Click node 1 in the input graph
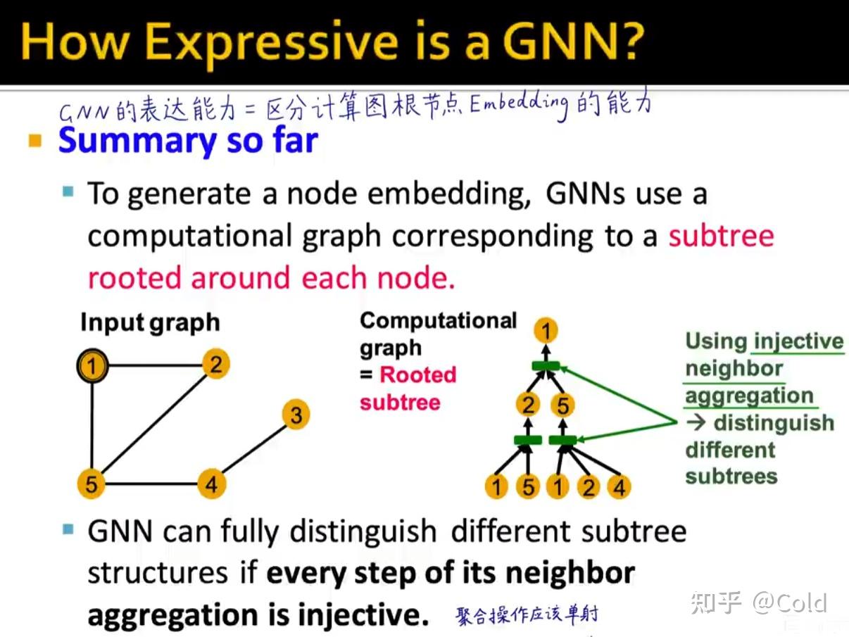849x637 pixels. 92,366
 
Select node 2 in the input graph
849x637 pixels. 216,364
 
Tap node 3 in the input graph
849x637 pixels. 296,415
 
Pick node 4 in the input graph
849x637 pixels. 211,484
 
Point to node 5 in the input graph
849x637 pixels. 92,484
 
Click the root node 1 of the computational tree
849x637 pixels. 546,331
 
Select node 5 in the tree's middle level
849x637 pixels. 562,405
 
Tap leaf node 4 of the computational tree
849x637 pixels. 619,486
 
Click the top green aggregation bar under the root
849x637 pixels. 546,366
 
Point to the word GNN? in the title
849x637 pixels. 573,42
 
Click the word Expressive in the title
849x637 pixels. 272,44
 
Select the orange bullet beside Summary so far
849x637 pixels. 35,140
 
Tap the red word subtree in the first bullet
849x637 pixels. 722,236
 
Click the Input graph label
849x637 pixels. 151,322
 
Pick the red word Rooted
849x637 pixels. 418,374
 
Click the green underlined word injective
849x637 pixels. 799,342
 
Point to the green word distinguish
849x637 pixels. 774,423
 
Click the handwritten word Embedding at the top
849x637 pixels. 519,104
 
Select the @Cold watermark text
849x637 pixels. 789,603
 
